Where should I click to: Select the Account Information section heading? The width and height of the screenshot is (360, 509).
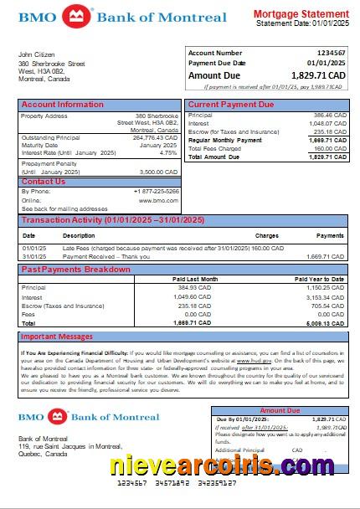click(63, 105)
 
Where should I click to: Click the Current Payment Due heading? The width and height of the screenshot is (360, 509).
click(231, 105)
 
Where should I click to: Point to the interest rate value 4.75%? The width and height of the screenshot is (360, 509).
click(168, 153)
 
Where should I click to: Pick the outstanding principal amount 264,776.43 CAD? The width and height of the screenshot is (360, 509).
click(156, 137)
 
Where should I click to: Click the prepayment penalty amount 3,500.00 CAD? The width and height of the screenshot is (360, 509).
click(159, 172)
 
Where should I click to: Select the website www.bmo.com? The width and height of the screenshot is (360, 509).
click(158, 201)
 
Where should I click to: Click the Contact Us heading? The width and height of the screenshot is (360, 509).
click(43, 182)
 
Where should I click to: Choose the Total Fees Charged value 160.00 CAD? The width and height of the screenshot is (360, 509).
click(330, 148)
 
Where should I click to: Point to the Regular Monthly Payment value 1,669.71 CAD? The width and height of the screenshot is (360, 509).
click(327, 140)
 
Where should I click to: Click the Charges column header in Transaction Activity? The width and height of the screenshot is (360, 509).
click(267, 236)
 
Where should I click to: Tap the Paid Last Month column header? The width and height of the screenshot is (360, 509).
click(194, 279)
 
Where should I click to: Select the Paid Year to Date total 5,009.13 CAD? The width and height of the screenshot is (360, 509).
click(326, 322)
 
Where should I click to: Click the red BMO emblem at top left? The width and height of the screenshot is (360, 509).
click(81, 16)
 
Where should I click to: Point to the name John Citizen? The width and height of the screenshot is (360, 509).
click(39, 54)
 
